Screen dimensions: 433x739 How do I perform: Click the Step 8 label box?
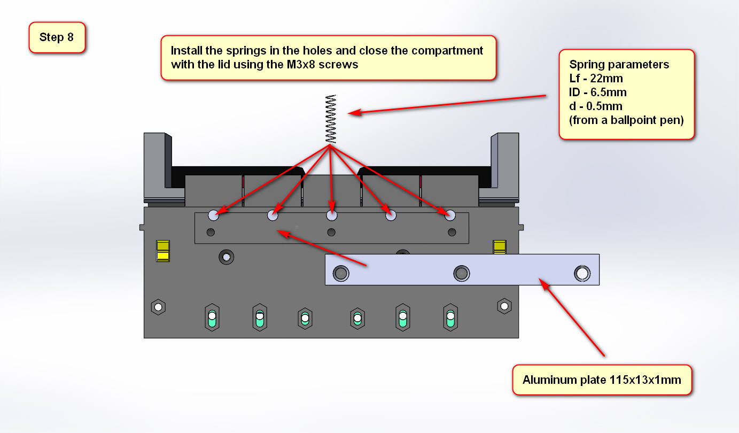coord(57,37)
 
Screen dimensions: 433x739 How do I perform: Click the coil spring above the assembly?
coord(331,119)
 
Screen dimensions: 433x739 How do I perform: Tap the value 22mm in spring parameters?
coord(606,79)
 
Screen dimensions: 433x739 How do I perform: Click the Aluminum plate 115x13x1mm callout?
coord(602,380)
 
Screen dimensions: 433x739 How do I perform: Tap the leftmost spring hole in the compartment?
coord(214,215)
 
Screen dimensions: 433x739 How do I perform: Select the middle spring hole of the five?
coord(332,215)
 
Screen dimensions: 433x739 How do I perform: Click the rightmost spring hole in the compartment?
coord(450,215)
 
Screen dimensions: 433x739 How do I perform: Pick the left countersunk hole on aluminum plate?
coord(340,274)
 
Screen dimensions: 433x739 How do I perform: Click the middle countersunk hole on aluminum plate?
coord(461,274)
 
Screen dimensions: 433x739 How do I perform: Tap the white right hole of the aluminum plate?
coord(582,273)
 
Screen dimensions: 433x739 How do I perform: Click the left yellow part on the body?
coord(163,251)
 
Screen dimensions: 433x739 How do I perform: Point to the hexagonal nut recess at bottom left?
coord(158,307)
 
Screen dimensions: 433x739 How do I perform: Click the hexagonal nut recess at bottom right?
coord(504,306)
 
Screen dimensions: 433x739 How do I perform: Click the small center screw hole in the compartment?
coord(331,232)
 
